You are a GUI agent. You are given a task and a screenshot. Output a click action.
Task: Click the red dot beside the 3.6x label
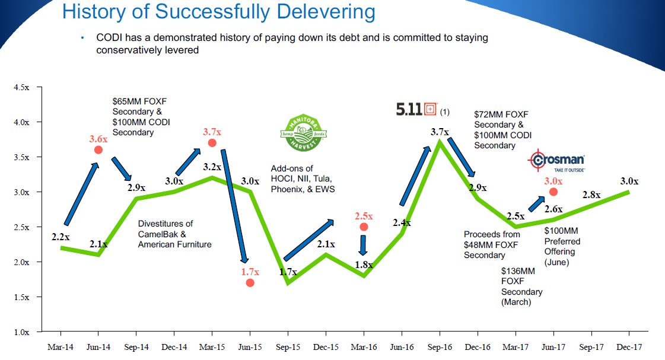click(98, 150)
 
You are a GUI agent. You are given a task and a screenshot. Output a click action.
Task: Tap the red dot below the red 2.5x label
click(364, 227)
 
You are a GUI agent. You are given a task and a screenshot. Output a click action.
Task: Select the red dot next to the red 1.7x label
click(250, 282)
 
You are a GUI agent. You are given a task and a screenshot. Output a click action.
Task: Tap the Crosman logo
click(557, 161)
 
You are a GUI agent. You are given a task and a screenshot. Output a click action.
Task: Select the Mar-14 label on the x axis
click(61, 347)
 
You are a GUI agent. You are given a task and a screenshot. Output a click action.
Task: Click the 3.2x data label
click(211, 167)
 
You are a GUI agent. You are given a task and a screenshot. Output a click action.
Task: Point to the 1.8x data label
click(363, 265)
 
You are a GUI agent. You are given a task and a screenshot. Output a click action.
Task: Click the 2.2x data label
click(61, 237)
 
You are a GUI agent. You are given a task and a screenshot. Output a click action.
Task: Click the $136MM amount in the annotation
click(518, 271)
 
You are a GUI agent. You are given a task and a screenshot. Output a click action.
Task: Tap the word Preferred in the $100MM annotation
click(562, 241)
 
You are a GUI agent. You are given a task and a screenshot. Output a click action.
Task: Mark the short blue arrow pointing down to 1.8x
click(363, 244)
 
